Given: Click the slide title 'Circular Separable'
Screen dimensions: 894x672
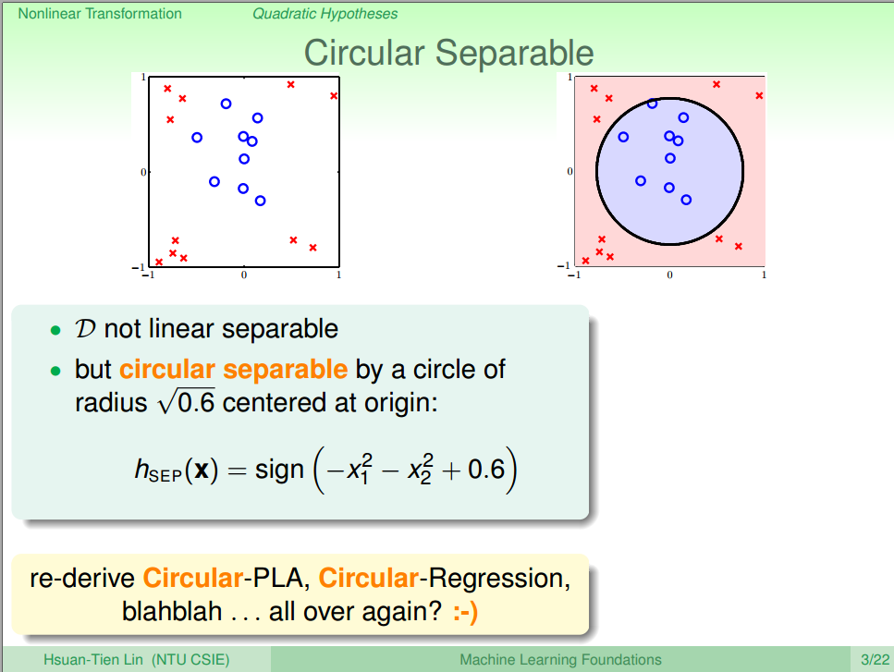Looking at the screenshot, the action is tap(448, 53).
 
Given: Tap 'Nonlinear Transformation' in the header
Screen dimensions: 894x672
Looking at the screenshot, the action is tap(100, 14).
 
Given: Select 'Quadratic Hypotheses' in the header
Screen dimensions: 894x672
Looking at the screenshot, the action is tap(325, 14).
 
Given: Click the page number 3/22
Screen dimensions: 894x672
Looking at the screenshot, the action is tap(875, 659).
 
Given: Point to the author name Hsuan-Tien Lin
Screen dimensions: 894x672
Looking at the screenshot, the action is tap(93, 659).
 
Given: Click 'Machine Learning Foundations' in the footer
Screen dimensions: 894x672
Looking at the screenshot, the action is tap(560, 659).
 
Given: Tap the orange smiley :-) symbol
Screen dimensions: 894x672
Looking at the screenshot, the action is tap(466, 612).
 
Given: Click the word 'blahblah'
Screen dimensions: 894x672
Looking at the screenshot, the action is tap(172, 611).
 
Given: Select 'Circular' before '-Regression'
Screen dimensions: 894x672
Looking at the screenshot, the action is tap(368, 578).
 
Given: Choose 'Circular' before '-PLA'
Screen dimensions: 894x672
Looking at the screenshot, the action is tap(192, 578).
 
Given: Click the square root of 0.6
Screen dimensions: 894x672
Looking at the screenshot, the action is tap(187, 401).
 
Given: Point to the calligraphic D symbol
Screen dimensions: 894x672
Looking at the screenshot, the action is tap(85, 329).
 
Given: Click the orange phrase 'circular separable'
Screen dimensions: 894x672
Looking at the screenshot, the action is tap(233, 370).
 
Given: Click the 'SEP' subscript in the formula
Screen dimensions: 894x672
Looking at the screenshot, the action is tap(165, 475).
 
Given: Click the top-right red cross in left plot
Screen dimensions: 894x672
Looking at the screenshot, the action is tap(334, 96).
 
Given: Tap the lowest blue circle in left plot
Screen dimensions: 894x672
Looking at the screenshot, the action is tap(260, 201).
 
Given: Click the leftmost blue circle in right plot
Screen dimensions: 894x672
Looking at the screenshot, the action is tap(623, 137).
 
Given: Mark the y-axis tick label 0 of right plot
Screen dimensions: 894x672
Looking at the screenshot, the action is tap(569, 171).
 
